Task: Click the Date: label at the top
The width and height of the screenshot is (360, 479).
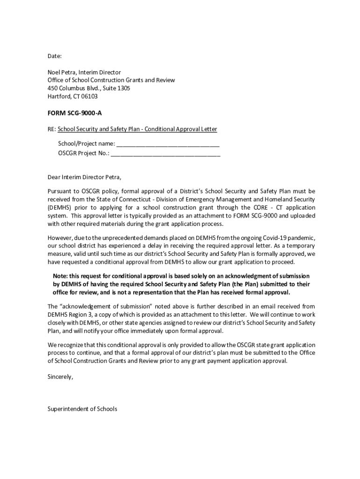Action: pos(55,57)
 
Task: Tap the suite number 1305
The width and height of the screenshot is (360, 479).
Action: pos(123,88)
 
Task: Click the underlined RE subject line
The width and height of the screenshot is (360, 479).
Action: pos(137,129)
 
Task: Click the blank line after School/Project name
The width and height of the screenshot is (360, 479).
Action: pos(168,143)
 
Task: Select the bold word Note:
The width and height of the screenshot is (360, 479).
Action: pos(60,276)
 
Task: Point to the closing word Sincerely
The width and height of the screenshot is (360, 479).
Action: pos(60,377)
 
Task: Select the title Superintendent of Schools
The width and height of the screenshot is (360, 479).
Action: pos(82,409)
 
